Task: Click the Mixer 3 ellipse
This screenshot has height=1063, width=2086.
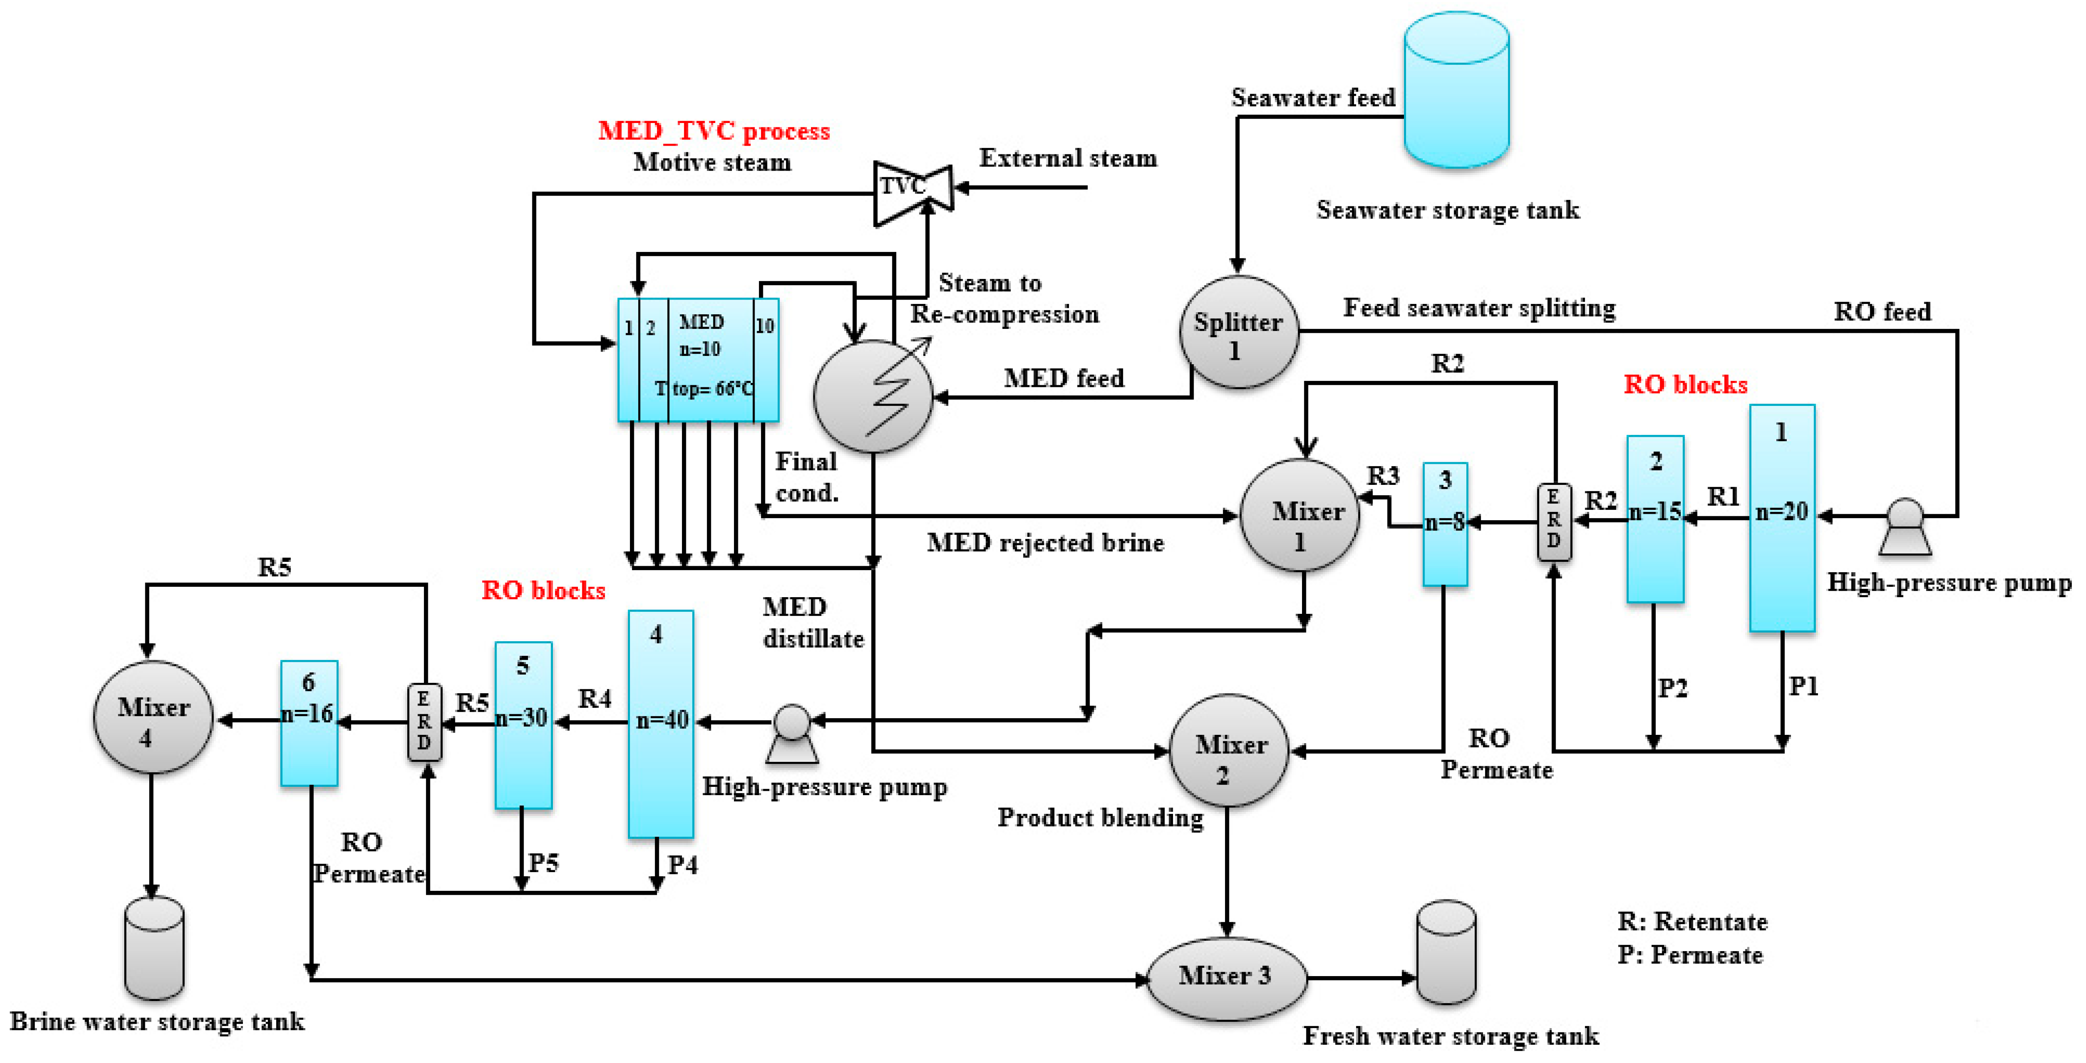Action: (x=1226, y=978)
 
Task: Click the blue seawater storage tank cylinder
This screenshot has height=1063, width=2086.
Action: (x=1456, y=89)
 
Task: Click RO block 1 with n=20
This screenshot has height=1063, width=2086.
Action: (x=1782, y=518)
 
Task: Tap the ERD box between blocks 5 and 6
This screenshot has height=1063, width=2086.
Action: (x=424, y=722)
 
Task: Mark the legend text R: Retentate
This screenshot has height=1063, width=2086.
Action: (x=1692, y=921)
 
